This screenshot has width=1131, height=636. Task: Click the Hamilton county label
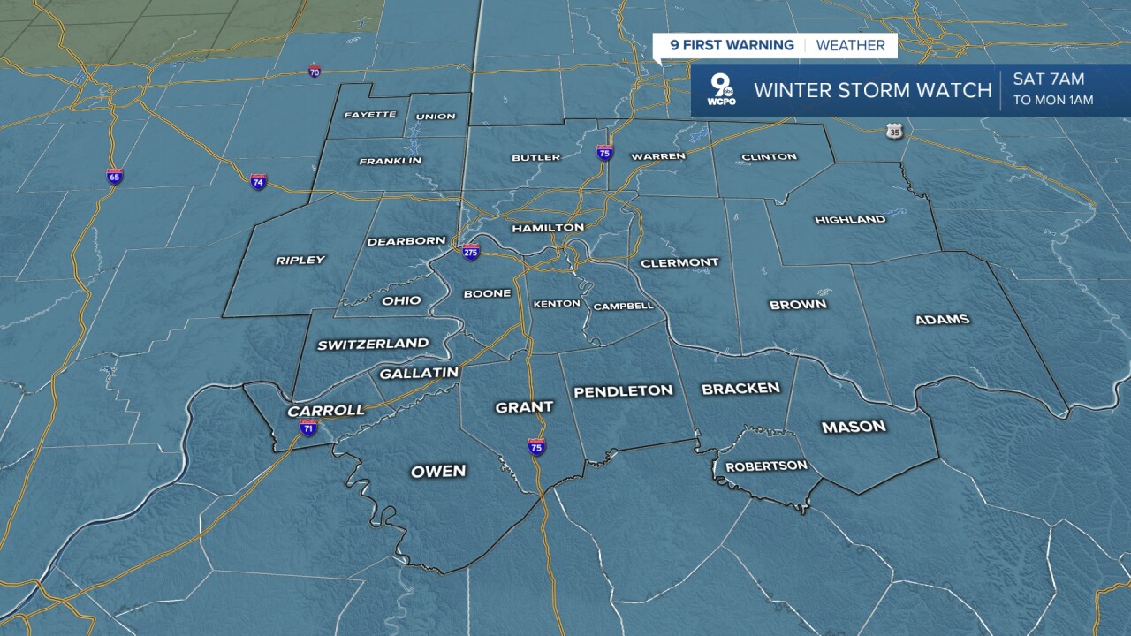[548, 228]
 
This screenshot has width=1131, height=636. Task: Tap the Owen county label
[438, 471]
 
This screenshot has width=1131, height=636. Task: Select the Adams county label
[942, 320]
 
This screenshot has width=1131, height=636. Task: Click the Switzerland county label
[373, 344]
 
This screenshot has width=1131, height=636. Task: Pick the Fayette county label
[369, 115]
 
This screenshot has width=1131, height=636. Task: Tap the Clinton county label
[769, 157]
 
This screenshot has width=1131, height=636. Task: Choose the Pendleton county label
[623, 390]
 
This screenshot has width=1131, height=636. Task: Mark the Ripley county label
[300, 260]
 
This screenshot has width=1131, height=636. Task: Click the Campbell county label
[623, 307]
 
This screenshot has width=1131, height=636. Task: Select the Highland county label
[850, 220]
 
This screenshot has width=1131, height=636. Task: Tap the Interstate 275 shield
[471, 252]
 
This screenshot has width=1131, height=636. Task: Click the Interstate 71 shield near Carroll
[307, 428]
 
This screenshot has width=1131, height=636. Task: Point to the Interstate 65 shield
[115, 176]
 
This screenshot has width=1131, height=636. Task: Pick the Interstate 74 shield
[258, 182]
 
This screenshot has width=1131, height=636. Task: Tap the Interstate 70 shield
[315, 71]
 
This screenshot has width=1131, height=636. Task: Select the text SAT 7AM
[1048, 79]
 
